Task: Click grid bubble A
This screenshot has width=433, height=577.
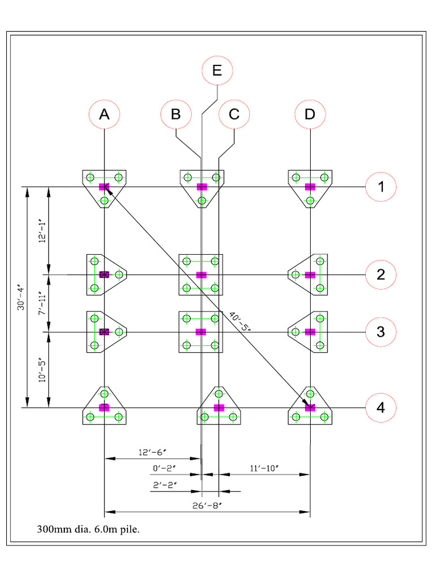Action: [x=104, y=114]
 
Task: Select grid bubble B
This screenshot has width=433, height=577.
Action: [x=176, y=114]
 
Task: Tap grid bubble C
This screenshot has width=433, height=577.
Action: [x=234, y=114]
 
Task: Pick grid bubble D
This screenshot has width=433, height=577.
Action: [x=310, y=114]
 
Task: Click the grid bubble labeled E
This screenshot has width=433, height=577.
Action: [x=217, y=70]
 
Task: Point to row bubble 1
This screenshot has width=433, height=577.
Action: [x=381, y=187]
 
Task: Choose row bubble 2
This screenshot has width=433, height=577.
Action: [x=381, y=274]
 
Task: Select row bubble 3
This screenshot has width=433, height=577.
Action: [x=381, y=332]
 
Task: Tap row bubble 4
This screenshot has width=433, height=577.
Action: [x=381, y=407]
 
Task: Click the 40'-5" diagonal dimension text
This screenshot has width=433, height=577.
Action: [x=241, y=324]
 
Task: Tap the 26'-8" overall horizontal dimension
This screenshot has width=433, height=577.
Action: [x=207, y=505]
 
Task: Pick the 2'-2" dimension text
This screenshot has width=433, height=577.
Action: [x=165, y=485]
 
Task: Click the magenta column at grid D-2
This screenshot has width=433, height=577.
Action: [x=310, y=275]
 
